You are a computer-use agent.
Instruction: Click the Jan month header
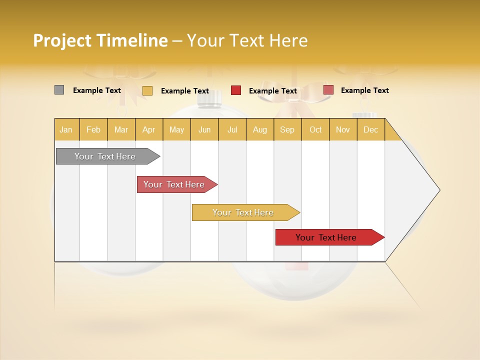(x=66, y=129)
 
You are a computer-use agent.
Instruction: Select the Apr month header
(x=148, y=129)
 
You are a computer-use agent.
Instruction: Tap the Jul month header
(x=232, y=129)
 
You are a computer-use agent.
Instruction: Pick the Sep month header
(x=287, y=129)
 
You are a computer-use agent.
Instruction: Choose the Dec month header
(x=370, y=129)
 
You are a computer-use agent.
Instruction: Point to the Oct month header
(x=315, y=129)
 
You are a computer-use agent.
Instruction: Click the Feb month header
(x=93, y=129)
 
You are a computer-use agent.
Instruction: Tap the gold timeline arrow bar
(x=243, y=212)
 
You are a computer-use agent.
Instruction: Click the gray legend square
(x=59, y=90)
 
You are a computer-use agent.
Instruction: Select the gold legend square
(x=147, y=90)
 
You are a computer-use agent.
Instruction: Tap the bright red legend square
(x=236, y=90)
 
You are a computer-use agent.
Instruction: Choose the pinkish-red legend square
(x=328, y=90)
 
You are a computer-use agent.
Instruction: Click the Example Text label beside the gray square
(x=97, y=90)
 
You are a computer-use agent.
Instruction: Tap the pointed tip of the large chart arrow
(x=439, y=190)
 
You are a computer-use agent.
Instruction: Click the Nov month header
(x=342, y=129)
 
